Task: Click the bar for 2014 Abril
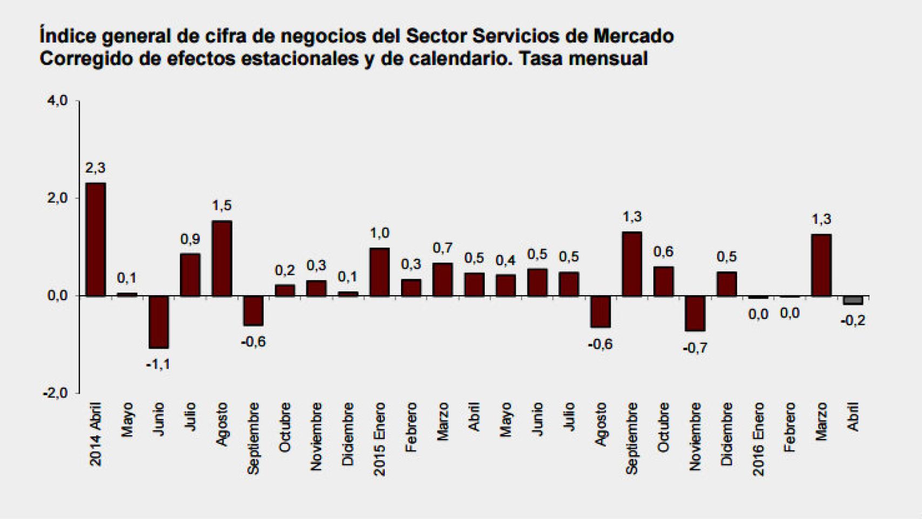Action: point(96,239)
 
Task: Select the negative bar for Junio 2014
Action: point(159,322)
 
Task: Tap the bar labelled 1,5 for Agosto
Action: point(222,258)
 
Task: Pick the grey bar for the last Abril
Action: point(853,301)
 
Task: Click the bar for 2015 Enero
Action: point(380,272)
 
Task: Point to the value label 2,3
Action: point(95,168)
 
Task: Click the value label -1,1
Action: point(158,364)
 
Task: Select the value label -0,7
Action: point(694,348)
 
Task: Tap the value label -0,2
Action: point(853,321)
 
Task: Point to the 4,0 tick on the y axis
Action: point(57,101)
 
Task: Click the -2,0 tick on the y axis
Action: point(56,394)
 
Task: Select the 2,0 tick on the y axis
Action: point(57,198)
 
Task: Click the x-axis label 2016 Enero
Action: point(759,438)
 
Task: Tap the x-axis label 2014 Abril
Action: point(96,434)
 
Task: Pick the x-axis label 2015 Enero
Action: point(380,438)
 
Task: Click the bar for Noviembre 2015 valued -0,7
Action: point(695,314)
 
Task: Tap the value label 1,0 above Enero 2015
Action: point(379,233)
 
